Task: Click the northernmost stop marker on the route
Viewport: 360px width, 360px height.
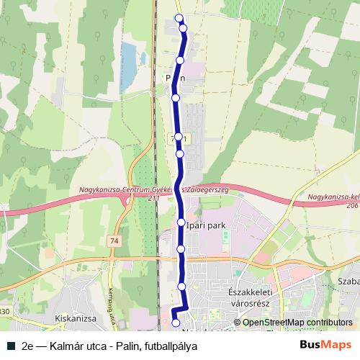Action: (x=179, y=19)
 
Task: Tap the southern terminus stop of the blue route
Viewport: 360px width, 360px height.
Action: (x=176, y=313)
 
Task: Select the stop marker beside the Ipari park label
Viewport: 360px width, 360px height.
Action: (x=181, y=223)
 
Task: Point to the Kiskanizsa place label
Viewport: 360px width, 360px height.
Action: (x=76, y=316)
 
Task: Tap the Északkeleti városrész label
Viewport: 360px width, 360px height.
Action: (x=248, y=297)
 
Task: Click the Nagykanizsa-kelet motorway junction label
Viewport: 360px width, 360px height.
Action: (x=332, y=197)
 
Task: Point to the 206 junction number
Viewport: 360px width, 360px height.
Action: (x=352, y=205)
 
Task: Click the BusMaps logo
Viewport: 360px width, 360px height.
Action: (x=326, y=344)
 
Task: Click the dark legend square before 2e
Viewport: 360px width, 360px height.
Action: (x=9, y=345)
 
